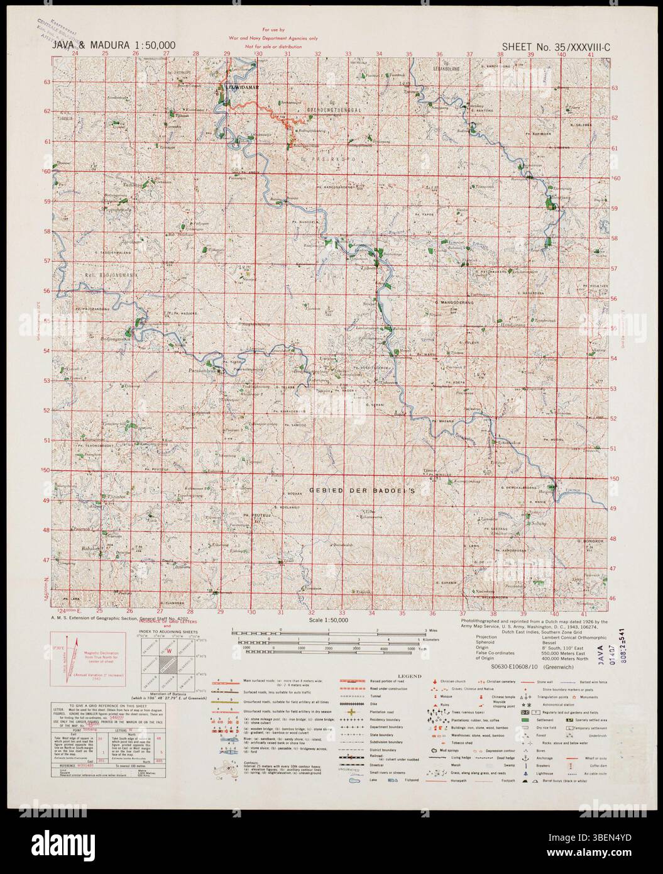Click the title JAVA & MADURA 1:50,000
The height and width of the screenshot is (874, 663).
(x=114, y=45)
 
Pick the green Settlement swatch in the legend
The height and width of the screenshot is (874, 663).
(x=525, y=719)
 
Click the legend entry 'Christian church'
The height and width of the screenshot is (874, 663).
(x=458, y=680)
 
